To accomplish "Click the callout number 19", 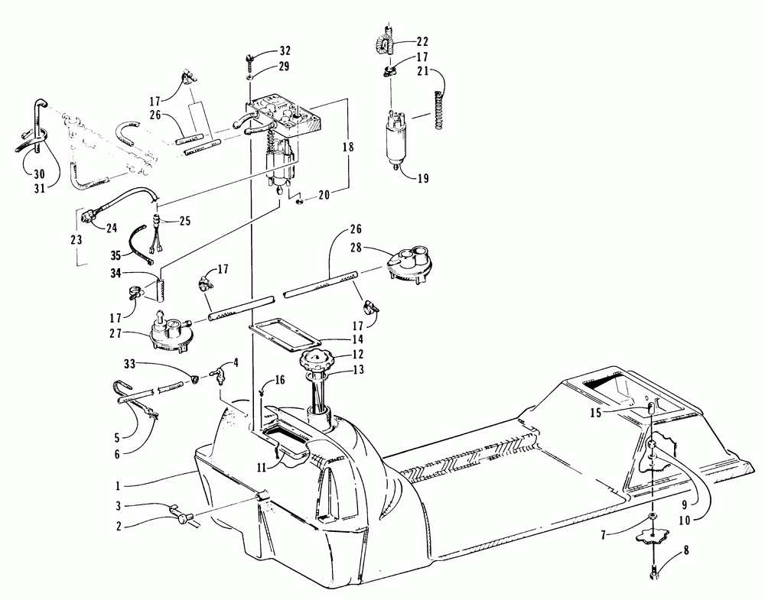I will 423,180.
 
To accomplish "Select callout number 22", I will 423,41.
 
